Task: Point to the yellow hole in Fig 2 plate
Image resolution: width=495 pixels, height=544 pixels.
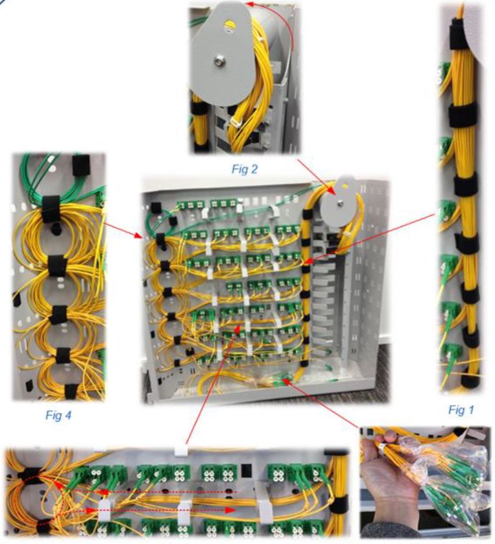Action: [x=230, y=26]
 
